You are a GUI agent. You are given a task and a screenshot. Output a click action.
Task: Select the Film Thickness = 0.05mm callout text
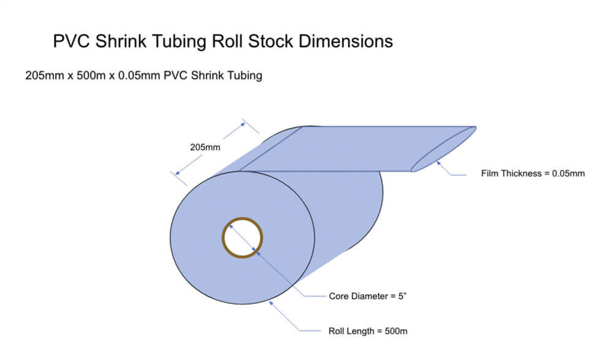533,173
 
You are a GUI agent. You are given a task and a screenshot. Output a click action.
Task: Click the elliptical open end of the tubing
443,149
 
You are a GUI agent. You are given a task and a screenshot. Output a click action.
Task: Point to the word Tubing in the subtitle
245,76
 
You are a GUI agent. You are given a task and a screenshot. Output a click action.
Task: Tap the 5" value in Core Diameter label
403,297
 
